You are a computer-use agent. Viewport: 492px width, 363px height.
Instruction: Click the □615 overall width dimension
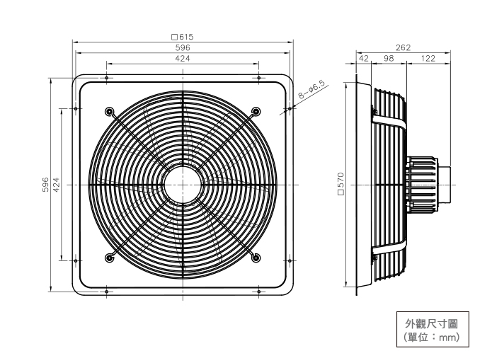coord(183,37)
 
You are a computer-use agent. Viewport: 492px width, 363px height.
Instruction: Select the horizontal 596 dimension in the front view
coord(183,47)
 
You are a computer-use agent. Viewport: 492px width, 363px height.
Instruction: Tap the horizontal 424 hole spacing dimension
coord(183,59)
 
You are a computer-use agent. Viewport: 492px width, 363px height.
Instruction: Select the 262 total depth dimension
coord(403,47)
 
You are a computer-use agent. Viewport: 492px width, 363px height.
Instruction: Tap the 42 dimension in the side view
coord(364,59)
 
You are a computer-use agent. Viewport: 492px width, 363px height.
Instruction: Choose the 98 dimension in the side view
coord(389,59)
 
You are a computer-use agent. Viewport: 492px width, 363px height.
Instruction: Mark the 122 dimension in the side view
coord(428,59)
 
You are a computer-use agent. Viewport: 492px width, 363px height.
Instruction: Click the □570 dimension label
coord(341,185)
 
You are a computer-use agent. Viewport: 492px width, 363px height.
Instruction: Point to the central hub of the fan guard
coord(183,185)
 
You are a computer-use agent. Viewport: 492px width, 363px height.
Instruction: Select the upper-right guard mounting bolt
coord(256,111)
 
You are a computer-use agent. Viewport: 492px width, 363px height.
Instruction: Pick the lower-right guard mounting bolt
coord(256,257)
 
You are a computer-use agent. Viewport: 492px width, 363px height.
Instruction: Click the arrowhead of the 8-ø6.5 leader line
coord(292,108)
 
